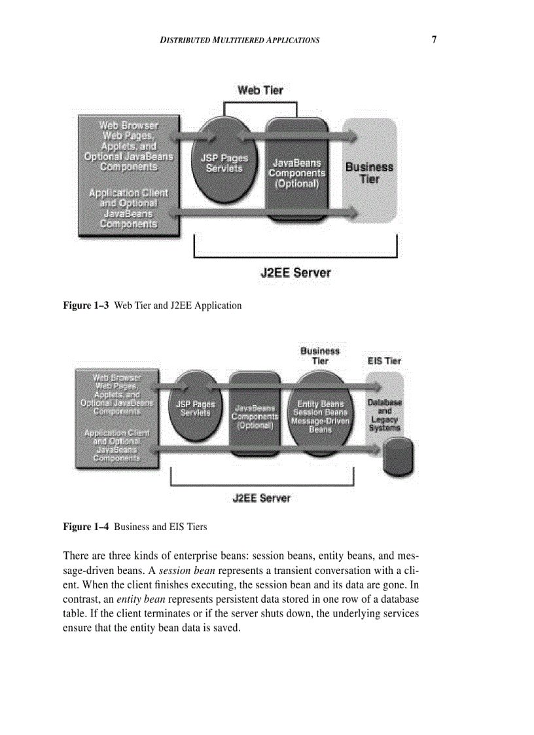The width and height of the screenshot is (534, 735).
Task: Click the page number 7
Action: tap(434, 39)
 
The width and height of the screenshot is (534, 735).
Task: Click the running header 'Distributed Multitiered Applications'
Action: tap(240, 41)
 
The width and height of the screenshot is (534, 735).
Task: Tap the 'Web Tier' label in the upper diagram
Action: tap(260, 90)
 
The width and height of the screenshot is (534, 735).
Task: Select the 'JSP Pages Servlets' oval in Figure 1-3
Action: tap(224, 163)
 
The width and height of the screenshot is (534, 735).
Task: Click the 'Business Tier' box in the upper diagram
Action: tap(370, 172)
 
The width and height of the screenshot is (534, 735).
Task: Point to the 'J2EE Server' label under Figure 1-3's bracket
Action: tap(296, 273)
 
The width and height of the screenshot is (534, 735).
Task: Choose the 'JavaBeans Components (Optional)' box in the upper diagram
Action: tap(297, 172)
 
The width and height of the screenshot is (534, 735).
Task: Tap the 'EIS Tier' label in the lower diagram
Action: tap(384, 361)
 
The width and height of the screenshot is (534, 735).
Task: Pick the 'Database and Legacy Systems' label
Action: tap(384, 415)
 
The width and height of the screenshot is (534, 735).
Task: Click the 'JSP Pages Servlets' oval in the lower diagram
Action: tap(195, 408)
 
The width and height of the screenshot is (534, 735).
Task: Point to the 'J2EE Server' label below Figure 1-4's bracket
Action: tap(261, 498)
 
